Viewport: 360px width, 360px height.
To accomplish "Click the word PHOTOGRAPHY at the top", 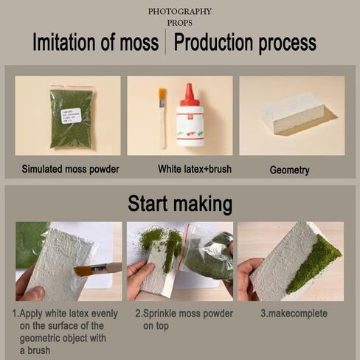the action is click(x=180, y=11).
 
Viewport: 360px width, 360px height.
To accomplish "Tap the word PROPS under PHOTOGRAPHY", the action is click(x=180, y=23).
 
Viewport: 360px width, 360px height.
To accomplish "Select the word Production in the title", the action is click(x=213, y=42).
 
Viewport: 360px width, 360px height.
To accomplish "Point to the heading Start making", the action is click(x=180, y=204).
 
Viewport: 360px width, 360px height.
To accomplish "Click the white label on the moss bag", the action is click(x=71, y=115).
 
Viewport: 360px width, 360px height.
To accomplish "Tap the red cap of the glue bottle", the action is click(x=189, y=95).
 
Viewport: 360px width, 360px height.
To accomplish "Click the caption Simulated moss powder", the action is click(x=70, y=169).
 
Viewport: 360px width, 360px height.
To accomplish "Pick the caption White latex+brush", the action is click(x=195, y=169).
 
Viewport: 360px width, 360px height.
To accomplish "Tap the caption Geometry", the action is click(x=289, y=170).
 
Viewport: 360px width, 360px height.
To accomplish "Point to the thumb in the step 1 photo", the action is click(x=35, y=293).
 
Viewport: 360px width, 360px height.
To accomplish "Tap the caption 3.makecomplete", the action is click(x=294, y=314).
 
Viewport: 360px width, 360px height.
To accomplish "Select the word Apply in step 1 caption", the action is click(x=32, y=314).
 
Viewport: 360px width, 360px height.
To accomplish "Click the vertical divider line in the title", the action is click(x=165, y=42).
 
